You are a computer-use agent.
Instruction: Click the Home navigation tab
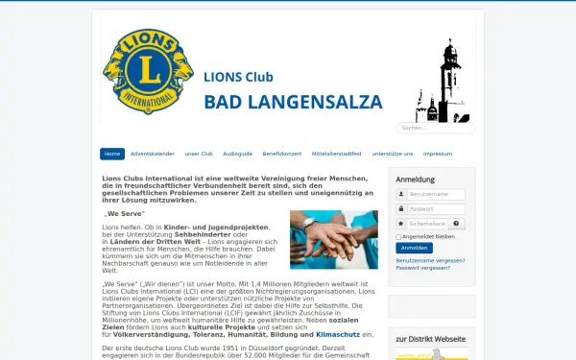point(112,154)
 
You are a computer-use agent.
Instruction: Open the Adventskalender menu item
point(153,154)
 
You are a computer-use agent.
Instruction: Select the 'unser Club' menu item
point(199,154)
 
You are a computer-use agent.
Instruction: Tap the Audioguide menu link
point(237,154)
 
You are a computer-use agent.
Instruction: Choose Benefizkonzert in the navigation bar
point(282,154)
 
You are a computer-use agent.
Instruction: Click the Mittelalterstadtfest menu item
point(336,154)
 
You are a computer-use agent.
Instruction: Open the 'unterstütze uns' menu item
point(393,154)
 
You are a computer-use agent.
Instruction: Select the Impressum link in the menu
point(437,154)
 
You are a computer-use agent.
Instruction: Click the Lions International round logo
point(147,75)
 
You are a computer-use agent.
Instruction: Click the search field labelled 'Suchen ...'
point(449,128)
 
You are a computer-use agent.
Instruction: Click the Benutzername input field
point(436,194)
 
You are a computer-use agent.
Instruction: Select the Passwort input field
point(436,208)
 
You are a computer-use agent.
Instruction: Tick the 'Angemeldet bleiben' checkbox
point(399,236)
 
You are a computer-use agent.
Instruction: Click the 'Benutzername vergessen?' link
point(430,260)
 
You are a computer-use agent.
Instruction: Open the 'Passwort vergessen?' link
point(422,268)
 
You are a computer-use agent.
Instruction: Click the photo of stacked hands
point(334,239)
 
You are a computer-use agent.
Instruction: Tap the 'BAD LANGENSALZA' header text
point(293,102)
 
